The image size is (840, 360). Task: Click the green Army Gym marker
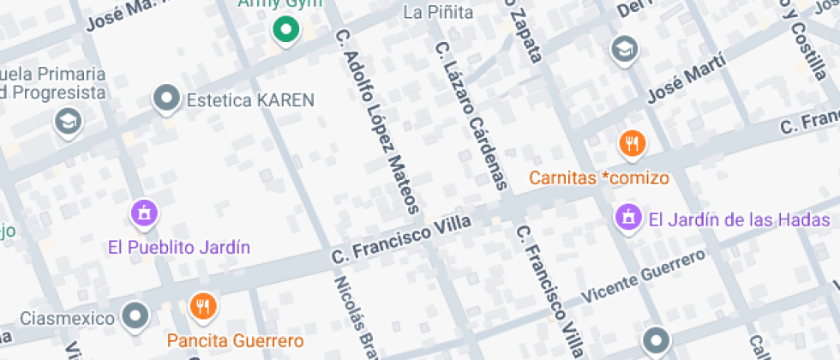285,31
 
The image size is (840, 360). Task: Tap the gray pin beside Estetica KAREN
165,99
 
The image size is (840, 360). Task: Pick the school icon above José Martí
624,49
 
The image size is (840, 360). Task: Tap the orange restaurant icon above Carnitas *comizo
633,143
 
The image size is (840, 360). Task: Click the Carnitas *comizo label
598,178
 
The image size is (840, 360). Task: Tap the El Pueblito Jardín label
179,248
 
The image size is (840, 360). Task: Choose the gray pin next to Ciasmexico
135,316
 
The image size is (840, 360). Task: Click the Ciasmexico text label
67,319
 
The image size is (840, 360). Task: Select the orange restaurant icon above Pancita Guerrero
201,305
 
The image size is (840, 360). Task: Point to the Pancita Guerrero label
236,340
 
